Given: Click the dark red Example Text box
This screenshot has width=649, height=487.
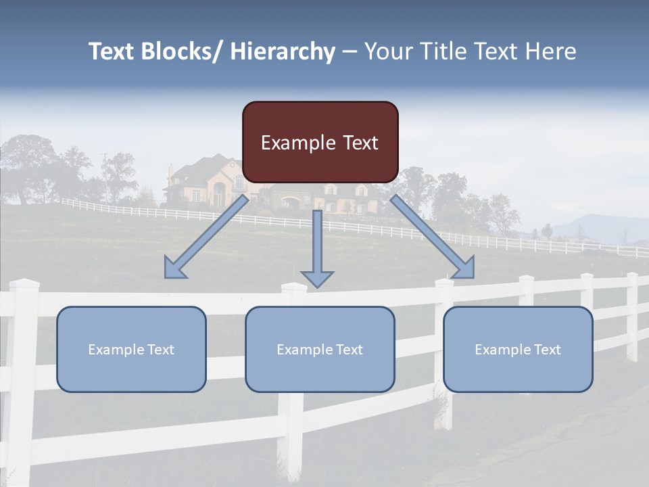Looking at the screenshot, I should [320, 142].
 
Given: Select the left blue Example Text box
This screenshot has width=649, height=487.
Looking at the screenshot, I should [131, 349].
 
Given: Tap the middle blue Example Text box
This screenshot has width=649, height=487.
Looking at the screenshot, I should [320, 349].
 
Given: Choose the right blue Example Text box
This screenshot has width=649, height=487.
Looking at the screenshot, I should [518, 349].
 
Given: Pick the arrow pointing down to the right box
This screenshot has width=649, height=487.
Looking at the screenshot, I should [433, 237].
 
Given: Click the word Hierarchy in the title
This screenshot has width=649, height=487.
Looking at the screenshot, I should [283, 51].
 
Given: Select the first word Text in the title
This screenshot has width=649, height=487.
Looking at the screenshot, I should [112, 51].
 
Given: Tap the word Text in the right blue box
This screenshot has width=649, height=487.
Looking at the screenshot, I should [547, 350].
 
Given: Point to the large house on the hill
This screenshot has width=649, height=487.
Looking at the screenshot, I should [203, 179].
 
